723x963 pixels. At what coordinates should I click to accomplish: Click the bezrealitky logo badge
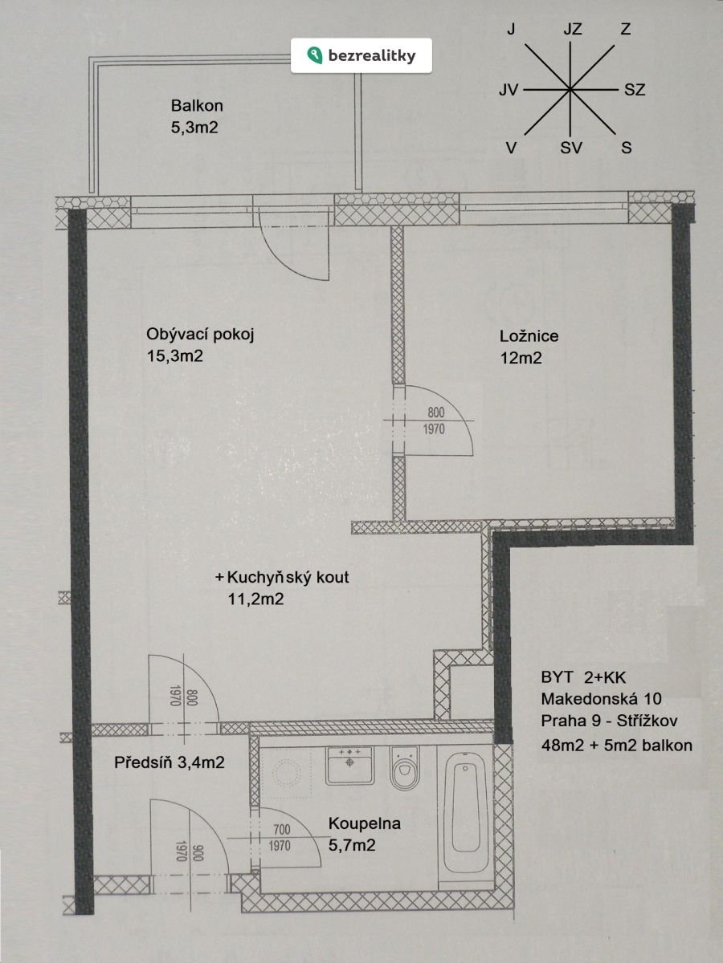[361, 55]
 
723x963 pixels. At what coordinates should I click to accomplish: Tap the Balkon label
[197, 106]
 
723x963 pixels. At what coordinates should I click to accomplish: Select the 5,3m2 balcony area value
[194, 128]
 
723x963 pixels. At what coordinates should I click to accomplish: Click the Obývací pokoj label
[200, 335]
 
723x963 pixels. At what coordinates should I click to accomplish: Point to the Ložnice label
[529, 336]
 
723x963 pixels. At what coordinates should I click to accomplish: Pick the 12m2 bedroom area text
[521, 358]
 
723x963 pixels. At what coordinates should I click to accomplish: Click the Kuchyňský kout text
[288, 577]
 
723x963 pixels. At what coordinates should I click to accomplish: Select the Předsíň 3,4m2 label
[169, 762]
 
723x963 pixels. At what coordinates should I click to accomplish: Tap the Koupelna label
[365, 824]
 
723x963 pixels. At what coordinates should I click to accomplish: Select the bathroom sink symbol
[350, 766]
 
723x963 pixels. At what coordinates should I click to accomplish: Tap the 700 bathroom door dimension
[282, 830]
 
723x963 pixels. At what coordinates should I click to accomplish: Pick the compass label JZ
[573, 30]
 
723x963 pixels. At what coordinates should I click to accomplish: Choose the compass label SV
[570, 148]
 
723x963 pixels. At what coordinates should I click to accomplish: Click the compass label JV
[509, 90]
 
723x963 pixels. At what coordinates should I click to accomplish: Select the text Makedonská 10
[601, 698]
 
